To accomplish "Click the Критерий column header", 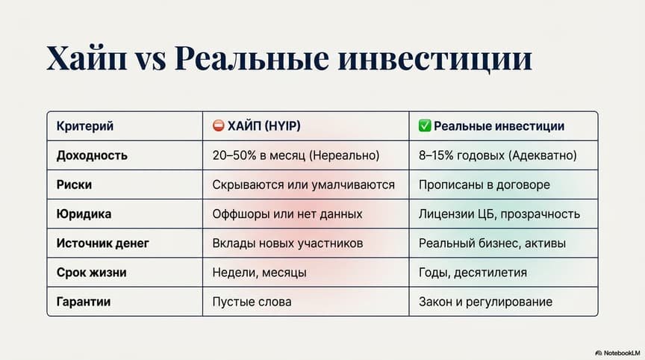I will [85, 126].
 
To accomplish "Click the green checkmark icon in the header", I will [425, 126].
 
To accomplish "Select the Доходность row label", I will [92, 155].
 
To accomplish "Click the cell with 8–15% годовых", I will [498, 155].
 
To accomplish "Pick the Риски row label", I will [74, 184].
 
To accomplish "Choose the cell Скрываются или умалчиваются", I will [304, 184].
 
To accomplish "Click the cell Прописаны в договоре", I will [484, 184].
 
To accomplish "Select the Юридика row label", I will [84, 214].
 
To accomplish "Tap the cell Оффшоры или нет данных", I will [287, 214].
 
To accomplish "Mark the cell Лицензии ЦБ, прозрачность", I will [499, 214].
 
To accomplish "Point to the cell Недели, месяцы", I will [259, 273].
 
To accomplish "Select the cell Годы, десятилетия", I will [473, 273].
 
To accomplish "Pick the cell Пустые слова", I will [252, 302].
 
